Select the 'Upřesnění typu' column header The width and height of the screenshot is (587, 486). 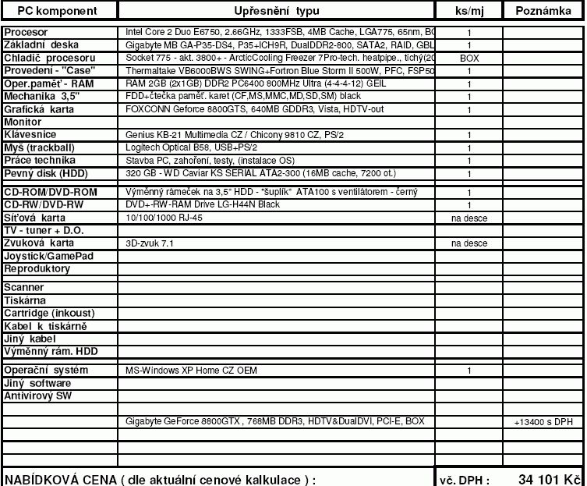click(276, 11)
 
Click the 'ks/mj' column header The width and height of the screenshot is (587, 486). click(469, 11)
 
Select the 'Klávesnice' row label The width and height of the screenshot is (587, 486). click(30, 135)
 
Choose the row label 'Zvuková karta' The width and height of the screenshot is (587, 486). click(39, 243)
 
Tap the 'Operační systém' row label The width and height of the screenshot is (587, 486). click(46, 370)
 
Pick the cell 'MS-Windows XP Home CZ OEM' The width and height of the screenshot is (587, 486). click(191, 371)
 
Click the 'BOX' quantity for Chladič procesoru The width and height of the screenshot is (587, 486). click(469, 59)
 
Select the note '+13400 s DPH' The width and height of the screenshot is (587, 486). click(543, 422)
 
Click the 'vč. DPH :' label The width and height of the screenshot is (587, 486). click(465, 479)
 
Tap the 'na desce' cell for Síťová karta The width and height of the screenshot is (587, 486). click(469, 218)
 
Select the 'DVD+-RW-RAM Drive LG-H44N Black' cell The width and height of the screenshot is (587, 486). click(202, 204)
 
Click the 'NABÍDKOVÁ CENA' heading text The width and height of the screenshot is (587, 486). click(59, 478)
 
